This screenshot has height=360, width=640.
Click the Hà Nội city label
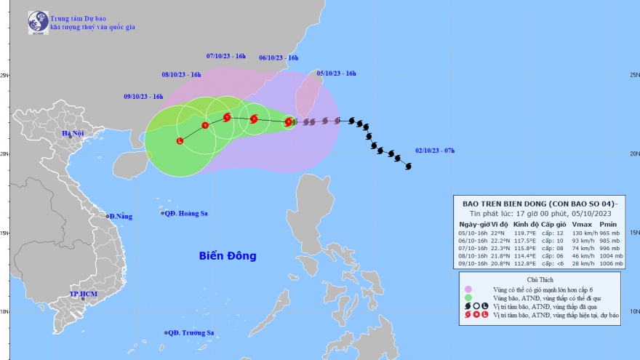tap(73, 133)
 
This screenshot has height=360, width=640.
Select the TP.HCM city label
tap(84, 294)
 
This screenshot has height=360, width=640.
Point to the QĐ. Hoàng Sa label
tap(185, 213)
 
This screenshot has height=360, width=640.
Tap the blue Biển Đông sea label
tap(229, 256)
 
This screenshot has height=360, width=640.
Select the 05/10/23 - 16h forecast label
tap(336, 73)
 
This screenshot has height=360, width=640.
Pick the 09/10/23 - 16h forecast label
tap(143, 97)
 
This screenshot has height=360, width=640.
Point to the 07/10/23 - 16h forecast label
tap(226, 56)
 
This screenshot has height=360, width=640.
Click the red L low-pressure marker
tap(180, 141)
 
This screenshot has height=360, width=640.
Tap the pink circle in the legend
tap(469, 289)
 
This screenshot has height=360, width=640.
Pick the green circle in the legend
tap(469, 297)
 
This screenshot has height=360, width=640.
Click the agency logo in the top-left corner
tap(38, 23)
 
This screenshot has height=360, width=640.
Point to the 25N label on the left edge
tap(5, 75)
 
